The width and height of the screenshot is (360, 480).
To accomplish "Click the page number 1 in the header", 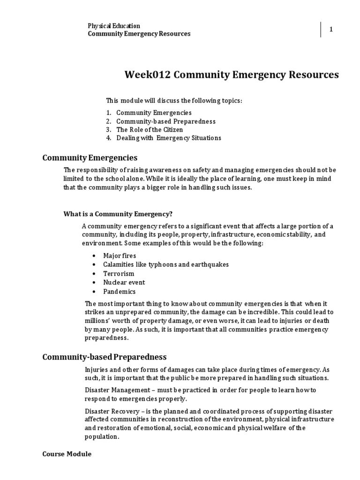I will coord(331,30).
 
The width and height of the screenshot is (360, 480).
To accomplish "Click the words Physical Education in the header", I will coord(114,26).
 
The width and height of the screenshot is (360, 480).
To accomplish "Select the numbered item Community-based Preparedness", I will coord(159,121).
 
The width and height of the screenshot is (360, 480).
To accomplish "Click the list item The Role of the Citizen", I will coord(150,129).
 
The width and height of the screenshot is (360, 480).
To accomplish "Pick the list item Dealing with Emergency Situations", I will coord(169,138).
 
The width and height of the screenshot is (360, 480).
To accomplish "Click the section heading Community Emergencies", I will coord(90,157).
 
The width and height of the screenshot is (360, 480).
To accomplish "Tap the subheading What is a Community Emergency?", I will coord(118,214).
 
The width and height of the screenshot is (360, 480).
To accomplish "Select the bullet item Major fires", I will coord(120,255).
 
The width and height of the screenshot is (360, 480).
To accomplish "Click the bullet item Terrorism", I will coord(119,273).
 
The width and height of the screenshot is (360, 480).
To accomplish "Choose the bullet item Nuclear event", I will coord(124,282).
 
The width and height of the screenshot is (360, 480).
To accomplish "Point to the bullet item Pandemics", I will coord(120,291).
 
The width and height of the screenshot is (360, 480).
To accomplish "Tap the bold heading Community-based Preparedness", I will coord(105,357).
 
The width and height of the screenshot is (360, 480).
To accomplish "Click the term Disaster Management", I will coord(112,390).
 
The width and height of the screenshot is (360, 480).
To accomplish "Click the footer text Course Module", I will coord(67,454).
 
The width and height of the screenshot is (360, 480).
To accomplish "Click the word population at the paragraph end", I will coord(101,436).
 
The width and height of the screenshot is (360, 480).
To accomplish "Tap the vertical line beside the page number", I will coord(321,30).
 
